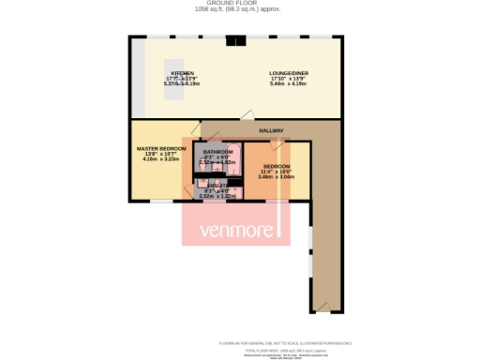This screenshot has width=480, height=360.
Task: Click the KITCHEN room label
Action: click(x=183, y=73)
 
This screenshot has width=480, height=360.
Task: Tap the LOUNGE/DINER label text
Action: click(x=288, y=73)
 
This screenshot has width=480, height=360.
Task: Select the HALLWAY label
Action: click(x=272, y=130)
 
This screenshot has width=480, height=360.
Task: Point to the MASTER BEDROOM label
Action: click(x=161, y=148)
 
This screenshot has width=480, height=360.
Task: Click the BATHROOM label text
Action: click(x=217, y=151)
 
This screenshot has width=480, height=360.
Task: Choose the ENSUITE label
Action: click(x=217, y=186)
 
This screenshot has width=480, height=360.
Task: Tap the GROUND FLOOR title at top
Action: click(x=240, y=4)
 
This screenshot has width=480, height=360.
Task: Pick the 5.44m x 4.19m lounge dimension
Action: click(x=289, y=84)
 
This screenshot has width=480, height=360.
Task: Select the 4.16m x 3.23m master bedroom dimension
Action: click(x=161, y=159)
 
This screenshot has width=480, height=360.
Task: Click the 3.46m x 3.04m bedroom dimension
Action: click(x=277, y=176)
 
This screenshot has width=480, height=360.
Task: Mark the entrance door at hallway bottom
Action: click(x=323, y=305)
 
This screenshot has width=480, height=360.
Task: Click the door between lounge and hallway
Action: click(x=247, y=115)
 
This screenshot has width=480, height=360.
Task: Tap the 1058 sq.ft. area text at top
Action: click(x=240, y=10)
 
